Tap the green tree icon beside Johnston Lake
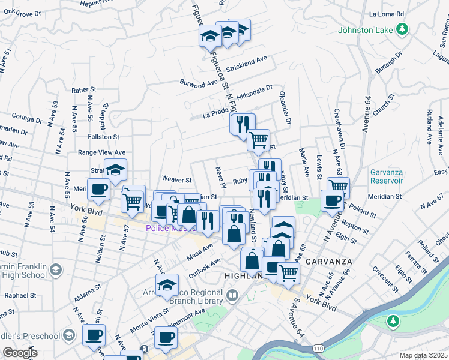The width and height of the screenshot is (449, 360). (403, 29)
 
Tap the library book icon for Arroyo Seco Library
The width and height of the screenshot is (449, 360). (232, 295)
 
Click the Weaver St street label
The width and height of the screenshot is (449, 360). (176, 179)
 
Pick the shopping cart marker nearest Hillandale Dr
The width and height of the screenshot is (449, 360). (258, 140)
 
